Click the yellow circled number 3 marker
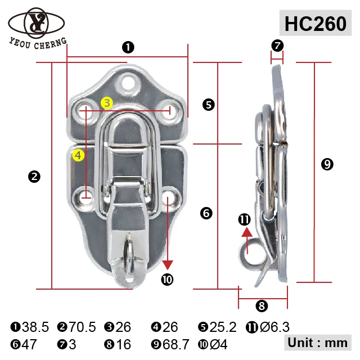click(107, 102)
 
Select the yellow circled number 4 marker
click(78, 155)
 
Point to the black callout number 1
click(128, 47)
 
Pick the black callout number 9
click(327, 164)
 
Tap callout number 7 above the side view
click(277, 45)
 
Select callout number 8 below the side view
click(262, 306)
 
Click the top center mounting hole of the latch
click(130, 83)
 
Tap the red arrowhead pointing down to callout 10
click(167, 265)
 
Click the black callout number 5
click(209, 104)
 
